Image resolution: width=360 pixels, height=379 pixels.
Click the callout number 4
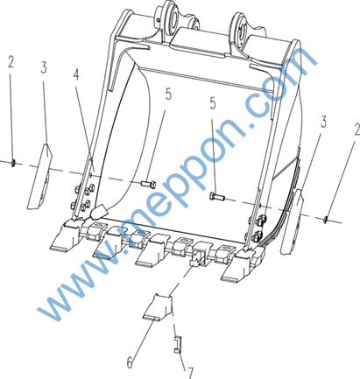pos(76,75)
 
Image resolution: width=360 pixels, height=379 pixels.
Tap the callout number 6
pos(130,362)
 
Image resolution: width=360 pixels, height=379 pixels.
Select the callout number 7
pos(190,373)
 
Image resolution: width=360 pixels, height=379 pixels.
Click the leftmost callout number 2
pos(11,62)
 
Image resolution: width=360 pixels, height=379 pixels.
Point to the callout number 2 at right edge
pos(356,130)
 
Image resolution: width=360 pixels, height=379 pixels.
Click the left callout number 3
pos(44,67)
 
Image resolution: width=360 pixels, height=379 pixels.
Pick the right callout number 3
pos(323,122)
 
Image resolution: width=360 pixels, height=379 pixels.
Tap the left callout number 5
pos(168,95)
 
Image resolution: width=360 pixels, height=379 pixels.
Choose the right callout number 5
pos(213,103)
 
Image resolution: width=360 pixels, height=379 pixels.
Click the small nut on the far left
pos(13,164)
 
